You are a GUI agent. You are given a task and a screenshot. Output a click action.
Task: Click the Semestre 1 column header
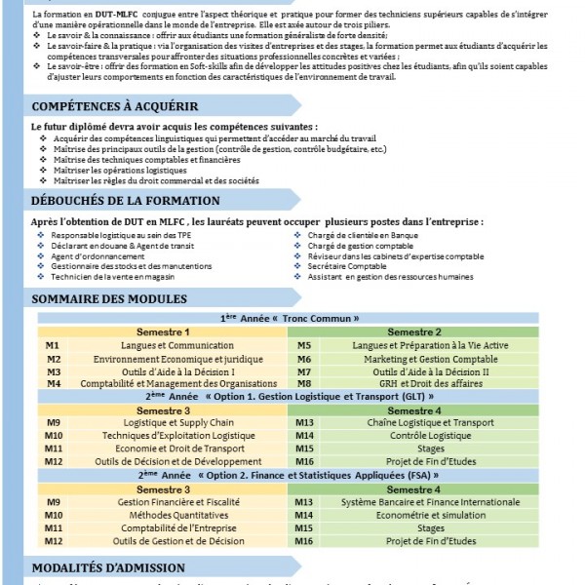click(163, 332)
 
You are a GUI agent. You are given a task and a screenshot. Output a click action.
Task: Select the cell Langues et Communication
click(164, 346)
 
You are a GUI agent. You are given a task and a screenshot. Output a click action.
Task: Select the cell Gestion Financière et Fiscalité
click(164, 501)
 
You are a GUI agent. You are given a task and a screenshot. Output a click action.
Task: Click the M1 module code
click(53, 346)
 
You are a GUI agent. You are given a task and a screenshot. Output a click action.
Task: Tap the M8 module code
click(304, 384)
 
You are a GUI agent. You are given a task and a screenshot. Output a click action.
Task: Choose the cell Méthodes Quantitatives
click(164, 514)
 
